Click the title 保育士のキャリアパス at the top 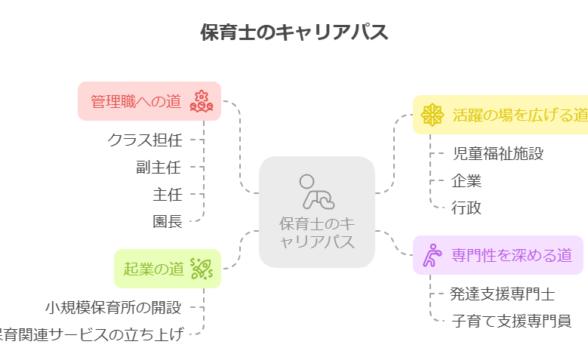click(x=294, y=32)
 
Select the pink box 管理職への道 click(x=149, y=101)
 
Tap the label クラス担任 click(x=145, y=139)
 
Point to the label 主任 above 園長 click(x=168, y=194)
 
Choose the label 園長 click(x=168, y=221)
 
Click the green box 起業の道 click(x=167, y=268)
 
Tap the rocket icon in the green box click(x=201, y=267)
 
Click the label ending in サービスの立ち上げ click(x=91, y=334)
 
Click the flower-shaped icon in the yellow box click(x=432, y=115)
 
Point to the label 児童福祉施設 click(x=497, y=154)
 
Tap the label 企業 click(x=466, y=180)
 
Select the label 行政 click(x=466, y=208)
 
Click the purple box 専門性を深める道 click(x=498, y=255)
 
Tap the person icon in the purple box click(x=433, y=255)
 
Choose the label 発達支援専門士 click(x=503, y=294)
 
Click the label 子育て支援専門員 click(x=511, y=321)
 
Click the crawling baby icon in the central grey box click(x=316, y=192)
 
